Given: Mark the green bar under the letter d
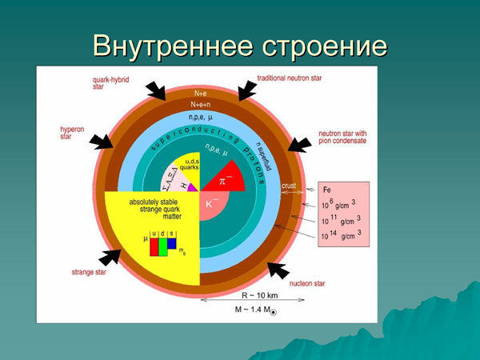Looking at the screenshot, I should click(x=163, y=247).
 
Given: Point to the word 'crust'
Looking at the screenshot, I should click(x=290, y=186).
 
